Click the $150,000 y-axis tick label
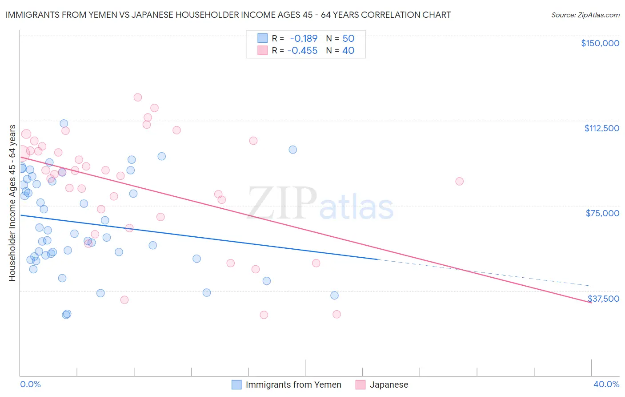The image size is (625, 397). pyautogui.click(x=600, y=43)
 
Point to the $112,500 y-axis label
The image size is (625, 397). pyautogui.click(x=601, y=128)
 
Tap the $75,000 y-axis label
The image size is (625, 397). pyautogui.click(x=602, y=213)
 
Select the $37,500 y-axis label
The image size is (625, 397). pyautogui.click(x=603, y=299)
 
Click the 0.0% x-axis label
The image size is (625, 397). pyautogui.click(x=30, y=385)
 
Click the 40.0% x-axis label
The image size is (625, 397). pyautogui.click(x=606, y=385)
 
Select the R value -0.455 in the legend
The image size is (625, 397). pyautogui.click(x=302, y=51)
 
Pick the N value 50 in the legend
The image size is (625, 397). pyautogui.click(x=348, y=39)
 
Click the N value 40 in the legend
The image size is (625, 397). pyautogui.click(x=348, y=51)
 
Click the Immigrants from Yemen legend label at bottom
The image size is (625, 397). pyautogui.click(x=293, y=385)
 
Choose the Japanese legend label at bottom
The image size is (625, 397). pyautogui.click(x=389, y=385)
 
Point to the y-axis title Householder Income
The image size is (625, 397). pyautogui.click(x=12, y=203)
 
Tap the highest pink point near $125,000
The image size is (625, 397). pyautogui.click(x=138, y=97)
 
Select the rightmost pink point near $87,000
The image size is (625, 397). pyautogui.click(x=460, y=181)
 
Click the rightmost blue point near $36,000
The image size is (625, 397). pyautogui.click(x=335, y=296)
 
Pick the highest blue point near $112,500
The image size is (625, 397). pyautogui.click(x=64, y=124)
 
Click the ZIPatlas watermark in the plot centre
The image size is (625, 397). pyautogui.click(x=320, y=204)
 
